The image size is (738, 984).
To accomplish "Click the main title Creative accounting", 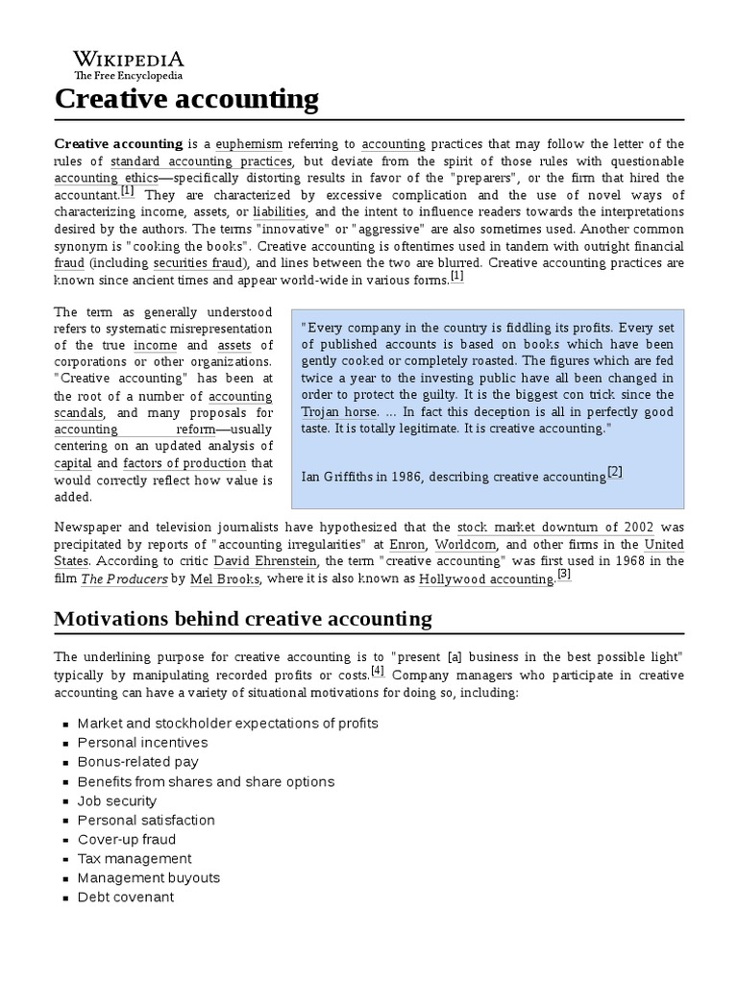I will (186, 99).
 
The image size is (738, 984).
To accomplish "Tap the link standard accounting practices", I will (202, 160).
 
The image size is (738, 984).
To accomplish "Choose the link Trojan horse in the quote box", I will (333, 412).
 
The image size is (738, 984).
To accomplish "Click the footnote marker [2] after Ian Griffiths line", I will (615, 472).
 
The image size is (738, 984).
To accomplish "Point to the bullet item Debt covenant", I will (126, 897).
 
